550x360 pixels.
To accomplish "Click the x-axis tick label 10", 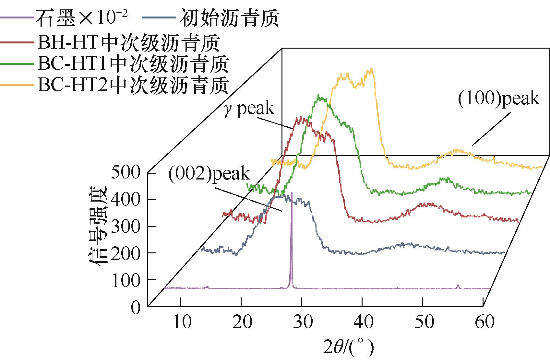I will click(x=182, y=322).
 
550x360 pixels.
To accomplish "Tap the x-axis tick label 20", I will click(x=243, y=322).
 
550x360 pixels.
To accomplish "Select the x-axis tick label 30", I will click(x=303, y=322).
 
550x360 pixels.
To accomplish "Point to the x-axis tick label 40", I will click(x=363, y=322).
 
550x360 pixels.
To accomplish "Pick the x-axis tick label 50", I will click(x=424, y=322).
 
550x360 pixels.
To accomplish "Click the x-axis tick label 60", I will click(x=484, y=322).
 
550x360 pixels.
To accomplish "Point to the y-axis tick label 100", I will click(x=126, y=280).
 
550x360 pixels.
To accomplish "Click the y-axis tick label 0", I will click(x=136, y=307).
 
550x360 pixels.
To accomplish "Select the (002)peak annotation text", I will click(x=209, y=174).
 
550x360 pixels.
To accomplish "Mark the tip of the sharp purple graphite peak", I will click(x=292, y=192).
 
